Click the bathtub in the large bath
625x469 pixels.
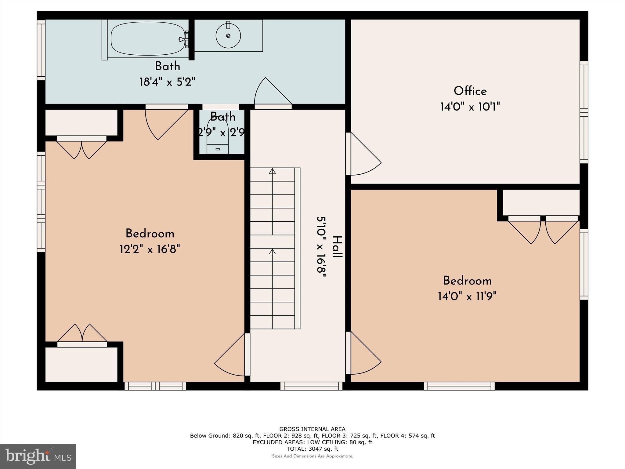[148, 38]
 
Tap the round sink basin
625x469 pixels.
[228, 35]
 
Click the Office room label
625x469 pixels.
[470, 91]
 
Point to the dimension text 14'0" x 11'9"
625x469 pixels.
[467, 296]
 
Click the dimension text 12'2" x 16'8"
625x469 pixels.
[150, 249]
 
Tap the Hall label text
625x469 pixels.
[337, 247]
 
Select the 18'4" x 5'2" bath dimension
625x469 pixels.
[167, 82]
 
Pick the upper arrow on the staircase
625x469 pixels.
[272, 171]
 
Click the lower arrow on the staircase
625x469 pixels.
[272, 251]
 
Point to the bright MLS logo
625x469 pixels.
[38, 456]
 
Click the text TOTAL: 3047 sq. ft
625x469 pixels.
[312, 449]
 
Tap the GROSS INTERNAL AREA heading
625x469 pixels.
[312, 429]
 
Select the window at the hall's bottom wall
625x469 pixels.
[311, 386]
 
